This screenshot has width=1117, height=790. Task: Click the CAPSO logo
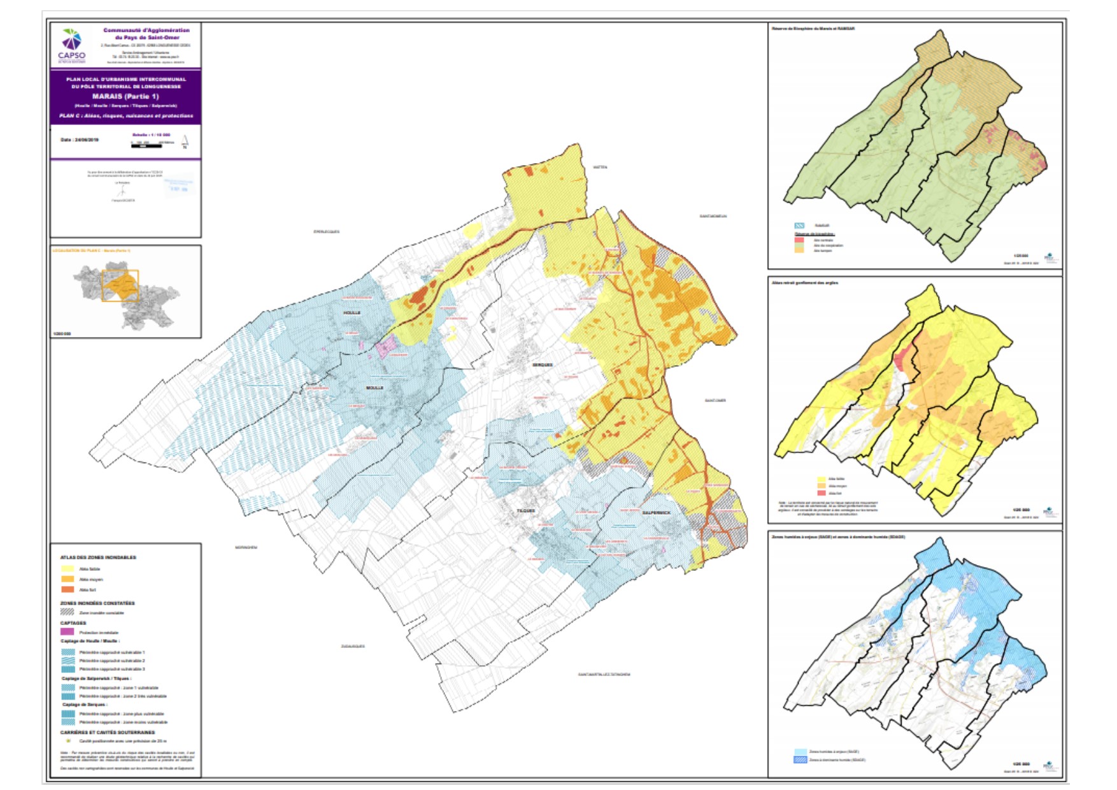(71, 45)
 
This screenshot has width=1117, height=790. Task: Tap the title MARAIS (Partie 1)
(125, 96)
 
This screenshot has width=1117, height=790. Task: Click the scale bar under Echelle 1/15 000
(147, 146)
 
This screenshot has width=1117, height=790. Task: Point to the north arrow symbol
(185, 141)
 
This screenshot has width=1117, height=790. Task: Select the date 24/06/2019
(80, 140)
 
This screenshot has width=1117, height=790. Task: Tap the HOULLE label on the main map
(352, 313)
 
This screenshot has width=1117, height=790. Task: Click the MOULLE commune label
(374, 387)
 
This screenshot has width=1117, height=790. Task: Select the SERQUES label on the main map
(543, 365)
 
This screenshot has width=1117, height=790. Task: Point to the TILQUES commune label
(526, 511)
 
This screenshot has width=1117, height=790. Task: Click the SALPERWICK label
(656, 513)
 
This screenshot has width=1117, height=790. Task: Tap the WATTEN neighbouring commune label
(600, 167)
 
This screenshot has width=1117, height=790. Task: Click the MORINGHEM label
(246, 547)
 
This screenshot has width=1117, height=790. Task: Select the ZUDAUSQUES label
(353, 646)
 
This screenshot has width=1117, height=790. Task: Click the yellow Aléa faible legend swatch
(68, 569)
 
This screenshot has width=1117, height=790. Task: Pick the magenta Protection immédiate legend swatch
(68, 632)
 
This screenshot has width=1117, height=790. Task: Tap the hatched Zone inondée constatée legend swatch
(68, 612)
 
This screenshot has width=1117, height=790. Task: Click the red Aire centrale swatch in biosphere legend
(799, 240)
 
